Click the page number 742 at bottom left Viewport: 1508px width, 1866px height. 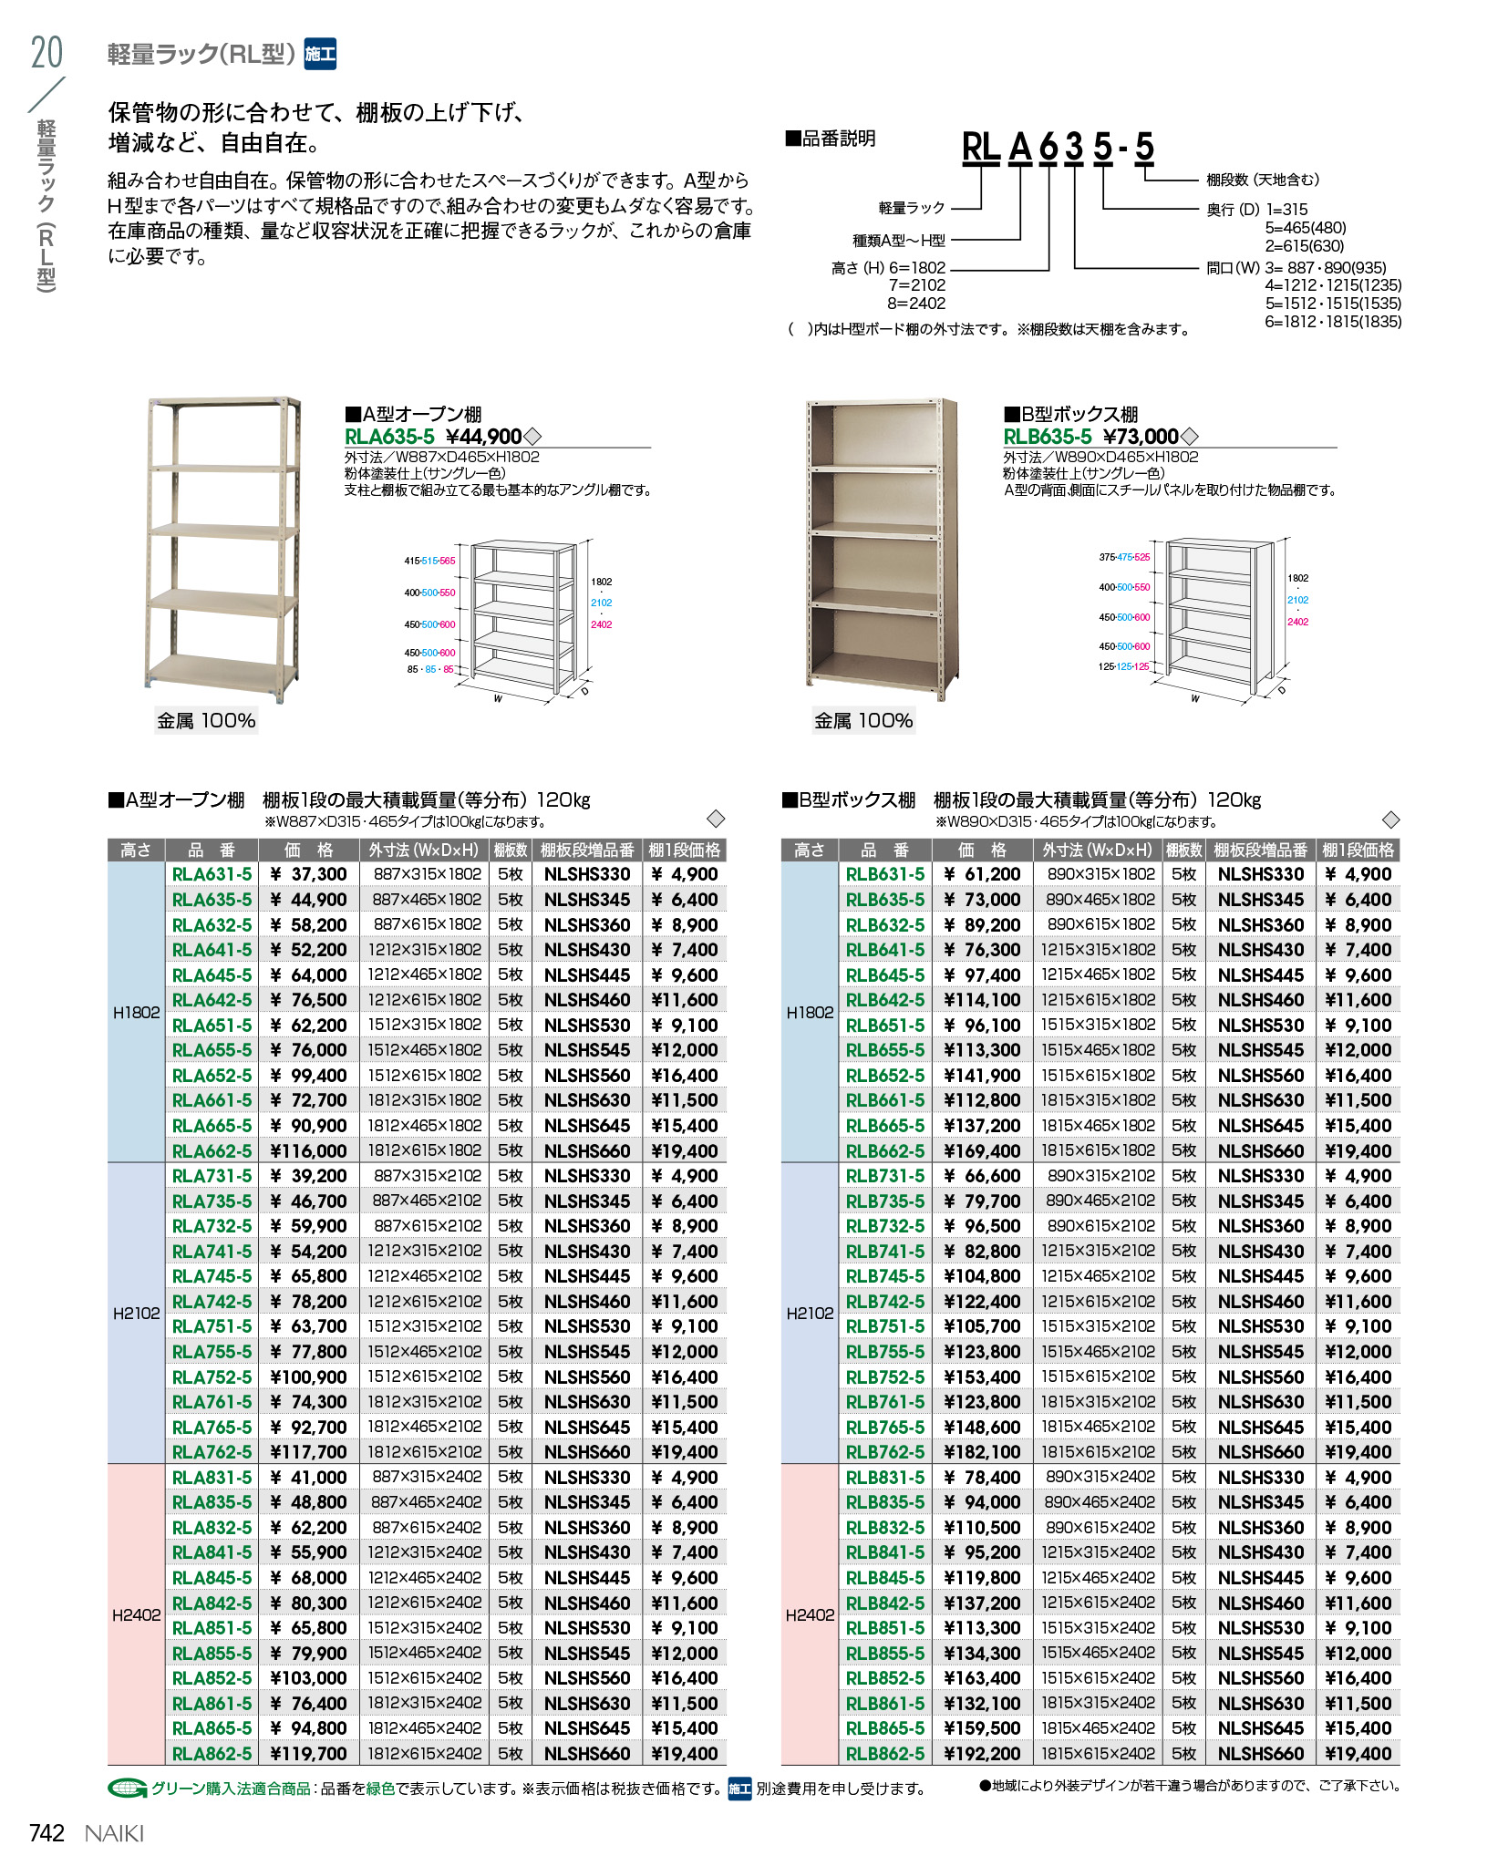click(x=46, y=1832)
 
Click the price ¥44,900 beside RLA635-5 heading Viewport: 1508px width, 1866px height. click(x=483, y=437)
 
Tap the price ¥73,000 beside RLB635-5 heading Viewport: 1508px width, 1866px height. click(x=1141, y=437)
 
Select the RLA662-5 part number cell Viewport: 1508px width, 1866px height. click(x=212, y=1150)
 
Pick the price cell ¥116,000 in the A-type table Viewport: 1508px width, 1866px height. click(x=308, y=1150)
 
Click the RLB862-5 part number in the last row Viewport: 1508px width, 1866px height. click(x=884, y=1753)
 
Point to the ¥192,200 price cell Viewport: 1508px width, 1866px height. click(x=982, y=1753)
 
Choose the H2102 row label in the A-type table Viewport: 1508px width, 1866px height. click(x=136, y=1313)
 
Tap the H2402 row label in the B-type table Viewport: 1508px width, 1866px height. click(x=810, y=1614)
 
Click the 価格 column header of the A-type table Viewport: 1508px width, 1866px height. click(x=308, y=850)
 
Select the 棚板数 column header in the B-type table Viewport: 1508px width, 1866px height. click(x=1183, y=850)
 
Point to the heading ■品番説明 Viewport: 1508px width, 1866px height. click(x=830, y=139)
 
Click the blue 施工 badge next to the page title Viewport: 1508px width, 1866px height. click(x=320, y=54)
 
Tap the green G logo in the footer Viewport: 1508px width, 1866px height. click(x=127, y=1789)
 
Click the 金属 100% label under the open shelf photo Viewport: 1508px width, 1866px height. click(x=206, y=720)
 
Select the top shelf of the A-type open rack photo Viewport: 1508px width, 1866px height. click(x=224, y=403)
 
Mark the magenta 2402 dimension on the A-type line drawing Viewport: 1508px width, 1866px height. click(x=601, y=624)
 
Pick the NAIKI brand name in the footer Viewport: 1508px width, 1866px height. click(x=114, y=1833)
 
